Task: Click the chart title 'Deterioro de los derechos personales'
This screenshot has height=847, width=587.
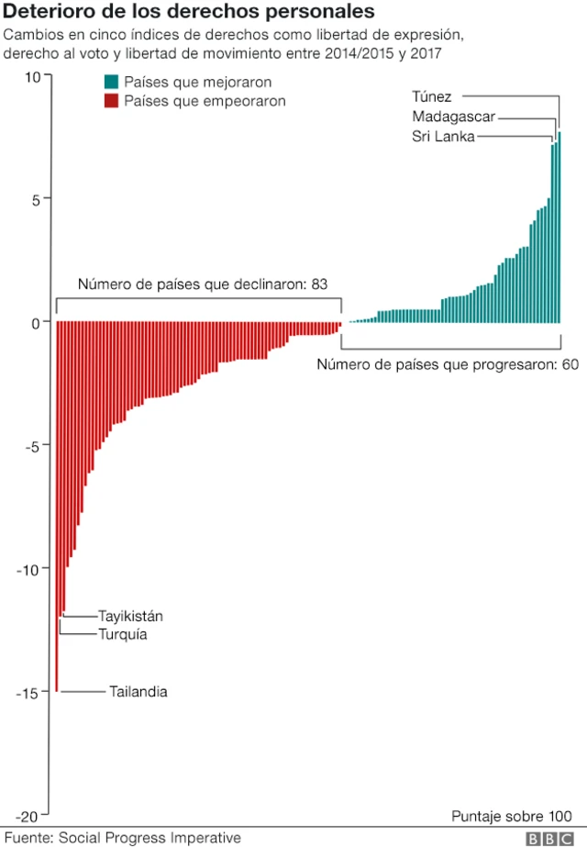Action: (x=190, y=13)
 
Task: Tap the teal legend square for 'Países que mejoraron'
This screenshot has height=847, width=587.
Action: (x=111, y=82)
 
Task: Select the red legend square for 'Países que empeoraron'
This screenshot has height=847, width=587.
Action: (x=111, y=101)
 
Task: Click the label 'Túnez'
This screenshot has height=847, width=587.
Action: (x=432, y=96)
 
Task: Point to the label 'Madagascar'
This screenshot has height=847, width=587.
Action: (x=453, y=117)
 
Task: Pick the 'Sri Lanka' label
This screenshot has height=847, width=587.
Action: (x=443, y=137)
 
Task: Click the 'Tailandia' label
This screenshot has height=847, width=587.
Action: (x=138, y=692)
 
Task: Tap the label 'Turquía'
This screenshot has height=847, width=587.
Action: (x=122, y=634)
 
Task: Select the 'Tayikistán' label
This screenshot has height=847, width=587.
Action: (x=130, y=617)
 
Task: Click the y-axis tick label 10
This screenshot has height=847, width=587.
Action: (x=32, y=77)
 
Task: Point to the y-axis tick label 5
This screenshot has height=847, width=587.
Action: (x=36, y=199)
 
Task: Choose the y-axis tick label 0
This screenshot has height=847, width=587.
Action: (x=36, y=322)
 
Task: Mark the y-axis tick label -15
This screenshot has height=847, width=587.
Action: (x=28, y=693)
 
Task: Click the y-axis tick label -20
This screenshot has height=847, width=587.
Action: (x=28, y=816)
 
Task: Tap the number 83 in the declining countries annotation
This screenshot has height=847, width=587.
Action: (x=320, y=284)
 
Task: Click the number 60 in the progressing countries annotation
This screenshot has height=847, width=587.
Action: (x=570, y=364)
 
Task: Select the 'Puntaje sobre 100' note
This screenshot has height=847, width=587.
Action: (x=512, y=816)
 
